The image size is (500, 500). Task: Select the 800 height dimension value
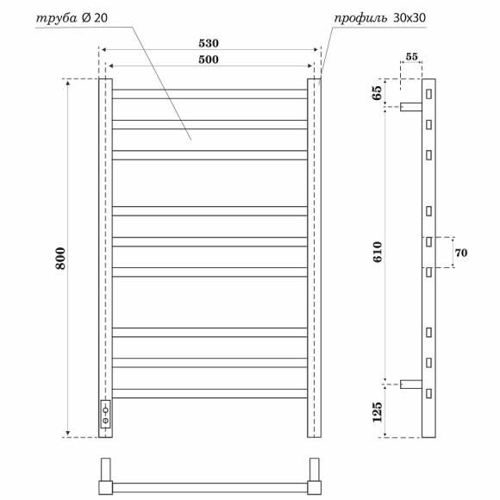[x=59, y=259]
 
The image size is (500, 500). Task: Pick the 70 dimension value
[x=459, y=253]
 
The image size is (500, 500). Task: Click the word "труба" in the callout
[x=57, y=16]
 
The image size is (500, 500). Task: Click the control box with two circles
[x=105, y=415]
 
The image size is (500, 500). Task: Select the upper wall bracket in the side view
[x=409, y=106]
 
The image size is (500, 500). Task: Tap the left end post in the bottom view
[x=105, y=475]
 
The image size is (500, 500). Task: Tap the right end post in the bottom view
[x=315, y=475]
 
